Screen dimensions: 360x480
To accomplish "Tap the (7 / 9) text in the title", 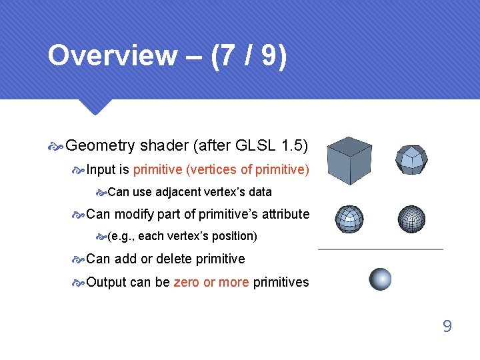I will [x=249, y=56].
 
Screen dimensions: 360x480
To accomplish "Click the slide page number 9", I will [x=447, y=326].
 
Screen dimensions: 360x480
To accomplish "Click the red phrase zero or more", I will [x=211, y=282].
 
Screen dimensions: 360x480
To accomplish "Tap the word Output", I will [x=106, y=282].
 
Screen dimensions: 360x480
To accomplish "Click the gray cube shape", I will [x=349, y=161].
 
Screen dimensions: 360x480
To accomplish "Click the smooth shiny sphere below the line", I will [x=380, y=279].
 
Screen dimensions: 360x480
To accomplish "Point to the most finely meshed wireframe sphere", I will [x=411, y=219].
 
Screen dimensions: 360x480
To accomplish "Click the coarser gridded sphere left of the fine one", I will [x=349, y=219].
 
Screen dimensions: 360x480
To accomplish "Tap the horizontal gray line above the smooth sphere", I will [x=380, y=249].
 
